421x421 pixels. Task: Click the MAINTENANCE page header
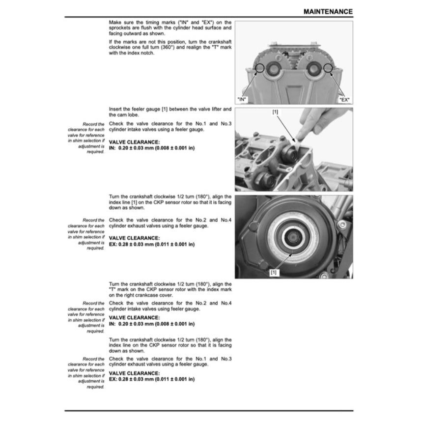click(x=328, y=11)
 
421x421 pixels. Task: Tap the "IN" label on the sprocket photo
click(x=242, y=100)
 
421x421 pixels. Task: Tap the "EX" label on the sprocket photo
click(x=344, y=100)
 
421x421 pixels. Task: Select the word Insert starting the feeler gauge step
click(x=116, y=109)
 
